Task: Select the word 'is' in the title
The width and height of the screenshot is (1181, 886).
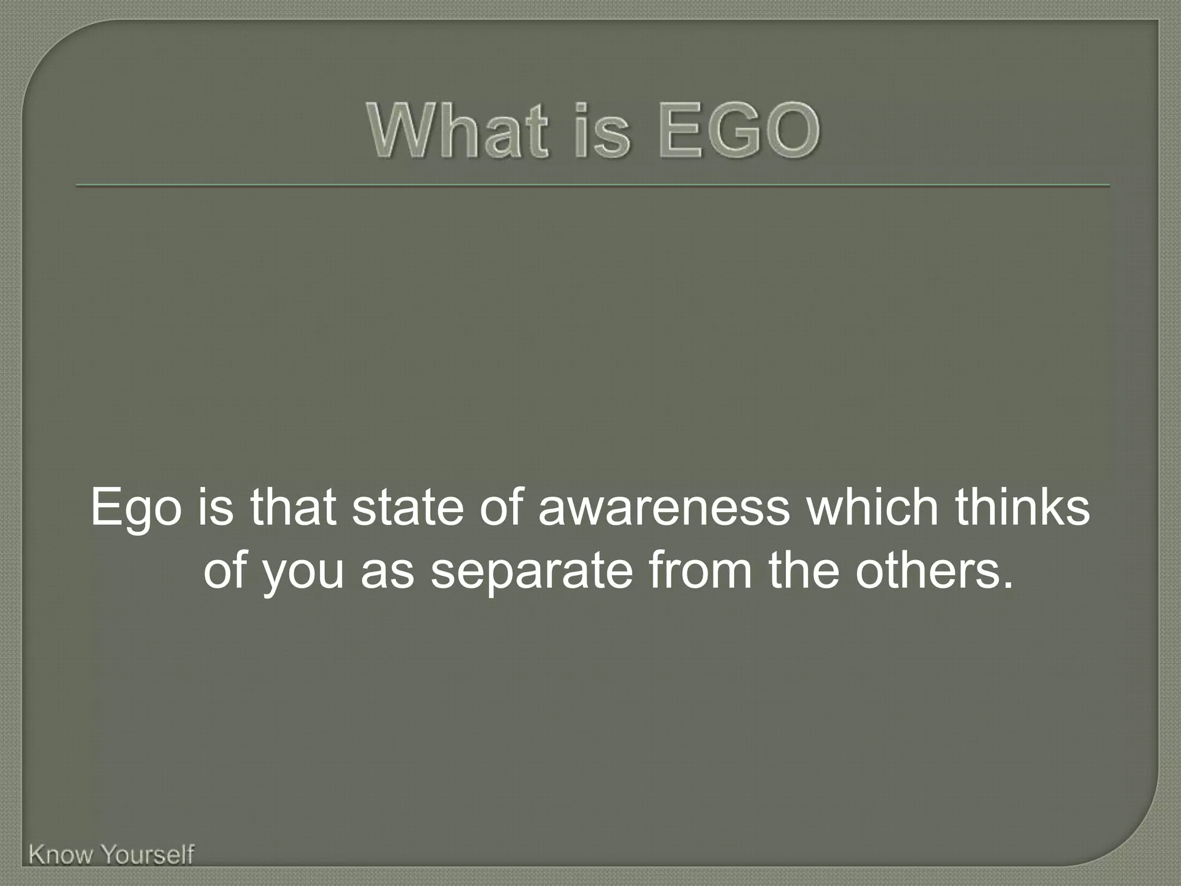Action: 600,132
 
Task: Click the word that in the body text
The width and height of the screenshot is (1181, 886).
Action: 293,508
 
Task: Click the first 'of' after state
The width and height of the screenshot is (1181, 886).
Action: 501,508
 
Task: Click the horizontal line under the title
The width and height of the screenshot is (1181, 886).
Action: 592,186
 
